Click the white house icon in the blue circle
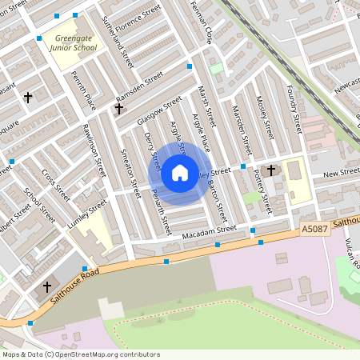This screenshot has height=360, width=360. (x=180, y=173)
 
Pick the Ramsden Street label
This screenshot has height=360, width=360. (x=138, y=85)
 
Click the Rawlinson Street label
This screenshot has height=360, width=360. (x=94, y=152)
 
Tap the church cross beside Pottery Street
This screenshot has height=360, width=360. (x=271, y=170)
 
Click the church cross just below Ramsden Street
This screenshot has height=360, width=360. (x=119, y=108)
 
